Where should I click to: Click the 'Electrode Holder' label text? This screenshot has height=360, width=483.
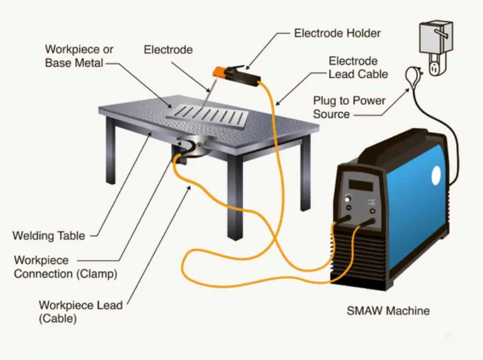(x=337, y=33)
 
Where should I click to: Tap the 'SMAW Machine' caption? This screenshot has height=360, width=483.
(x=388, y=310)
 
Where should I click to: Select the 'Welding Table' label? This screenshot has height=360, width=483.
(x=48, y=236)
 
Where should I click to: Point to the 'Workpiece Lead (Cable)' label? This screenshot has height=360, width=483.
(x=80, y=312)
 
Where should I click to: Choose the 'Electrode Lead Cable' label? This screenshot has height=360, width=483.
(x=358, y=68)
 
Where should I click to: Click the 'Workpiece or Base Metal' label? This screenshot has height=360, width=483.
(x=79, y=56)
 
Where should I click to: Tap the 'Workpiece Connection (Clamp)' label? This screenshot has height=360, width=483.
(x=65, y=267)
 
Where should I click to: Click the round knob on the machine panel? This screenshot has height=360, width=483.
(x=348, y=200)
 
